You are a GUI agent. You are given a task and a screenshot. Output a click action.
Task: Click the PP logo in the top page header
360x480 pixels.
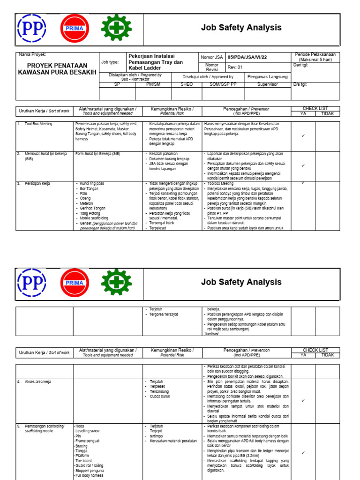[x=31, y=28]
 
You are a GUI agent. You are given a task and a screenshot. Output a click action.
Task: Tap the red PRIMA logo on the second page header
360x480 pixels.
[x=75, y=283]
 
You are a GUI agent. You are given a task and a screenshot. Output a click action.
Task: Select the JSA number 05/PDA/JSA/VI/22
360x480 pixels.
[x=247, y=57]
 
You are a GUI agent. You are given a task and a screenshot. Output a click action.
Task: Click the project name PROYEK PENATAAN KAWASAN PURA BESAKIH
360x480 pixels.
[x=57, y=69]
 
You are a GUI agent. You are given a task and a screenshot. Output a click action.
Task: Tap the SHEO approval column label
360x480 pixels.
[x=187, y=84]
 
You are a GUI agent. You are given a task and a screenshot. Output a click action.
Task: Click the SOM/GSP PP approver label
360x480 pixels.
[x=223, y=84]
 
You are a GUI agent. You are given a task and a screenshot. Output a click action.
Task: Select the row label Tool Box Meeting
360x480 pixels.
[x=38, y=124]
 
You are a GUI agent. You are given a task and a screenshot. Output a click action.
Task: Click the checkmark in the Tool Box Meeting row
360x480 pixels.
[x=303, y=135]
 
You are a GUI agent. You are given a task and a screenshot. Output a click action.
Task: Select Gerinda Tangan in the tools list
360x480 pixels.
[x=93, y=208]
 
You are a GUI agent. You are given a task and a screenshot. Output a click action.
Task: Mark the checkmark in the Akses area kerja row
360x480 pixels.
[x=303, y=401]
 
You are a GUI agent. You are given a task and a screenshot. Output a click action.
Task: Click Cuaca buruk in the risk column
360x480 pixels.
[x=160, y=397]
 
